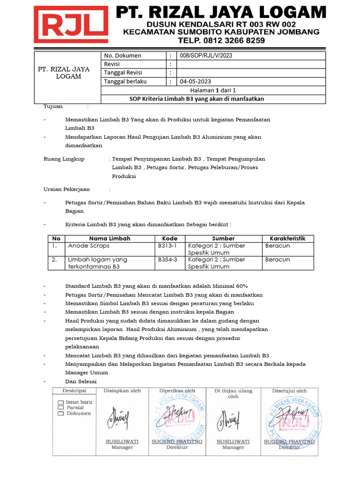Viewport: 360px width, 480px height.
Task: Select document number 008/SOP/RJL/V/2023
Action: (x=206, y=55)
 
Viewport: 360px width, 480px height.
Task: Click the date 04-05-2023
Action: (x=195, y=81)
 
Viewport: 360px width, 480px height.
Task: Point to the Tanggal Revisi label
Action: (x=123, y=73)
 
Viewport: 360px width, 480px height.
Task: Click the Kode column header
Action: (x=170, y=238)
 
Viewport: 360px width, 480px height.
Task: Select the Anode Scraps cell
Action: (x=89, y=245)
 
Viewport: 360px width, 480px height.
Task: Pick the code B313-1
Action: (x=167, y=245)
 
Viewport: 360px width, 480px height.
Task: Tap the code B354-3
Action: (x=167, y=259)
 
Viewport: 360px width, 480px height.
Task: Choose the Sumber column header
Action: (x=223, y=238)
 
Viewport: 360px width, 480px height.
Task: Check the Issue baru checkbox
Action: (x=61, y=402)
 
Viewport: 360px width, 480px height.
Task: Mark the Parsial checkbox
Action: (x=61, y=408)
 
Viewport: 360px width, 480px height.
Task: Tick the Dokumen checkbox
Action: (x=61, y=413)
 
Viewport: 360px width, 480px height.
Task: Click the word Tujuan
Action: (x=53, y=106)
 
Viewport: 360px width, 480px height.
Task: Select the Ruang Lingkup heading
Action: (x=64, y=159)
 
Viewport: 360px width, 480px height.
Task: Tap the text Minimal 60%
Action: (x=230, y=286)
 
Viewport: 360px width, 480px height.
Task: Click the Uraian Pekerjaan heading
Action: (x=67, y=189)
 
